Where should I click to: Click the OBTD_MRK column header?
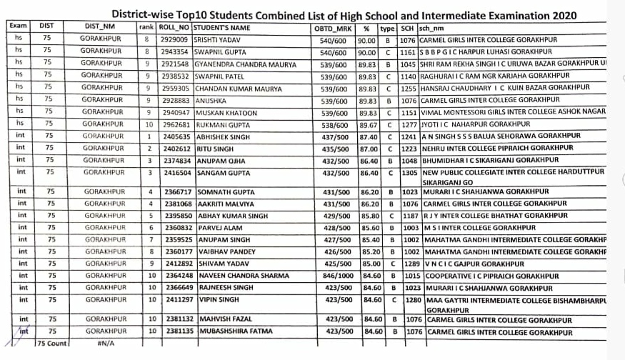(333, 27)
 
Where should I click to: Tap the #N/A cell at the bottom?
(106, 344)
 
